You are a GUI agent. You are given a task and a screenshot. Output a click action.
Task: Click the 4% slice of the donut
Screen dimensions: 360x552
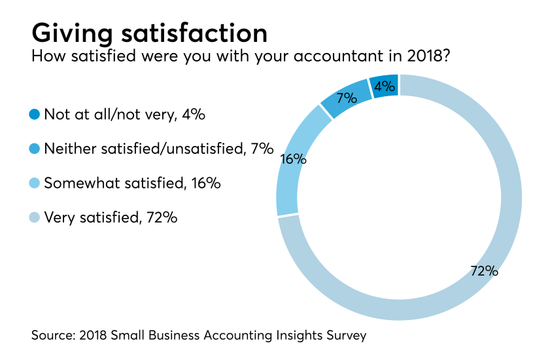click(385, 86)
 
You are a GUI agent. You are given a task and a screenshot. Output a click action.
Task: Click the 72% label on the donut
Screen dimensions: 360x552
click(484, 271)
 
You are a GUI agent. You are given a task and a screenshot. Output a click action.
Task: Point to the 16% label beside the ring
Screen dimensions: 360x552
click(293, 158)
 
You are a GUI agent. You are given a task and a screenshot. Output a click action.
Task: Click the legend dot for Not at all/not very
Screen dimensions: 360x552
click(35, 115)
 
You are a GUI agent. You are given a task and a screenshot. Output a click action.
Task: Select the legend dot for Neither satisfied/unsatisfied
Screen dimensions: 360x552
click(35, 149)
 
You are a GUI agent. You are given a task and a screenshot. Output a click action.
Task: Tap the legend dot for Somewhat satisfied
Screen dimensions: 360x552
click(35, 183)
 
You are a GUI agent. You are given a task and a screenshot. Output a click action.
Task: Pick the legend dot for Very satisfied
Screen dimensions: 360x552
click(35, 217)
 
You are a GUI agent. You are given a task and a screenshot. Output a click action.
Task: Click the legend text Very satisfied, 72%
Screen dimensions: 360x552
click(111, 217)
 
